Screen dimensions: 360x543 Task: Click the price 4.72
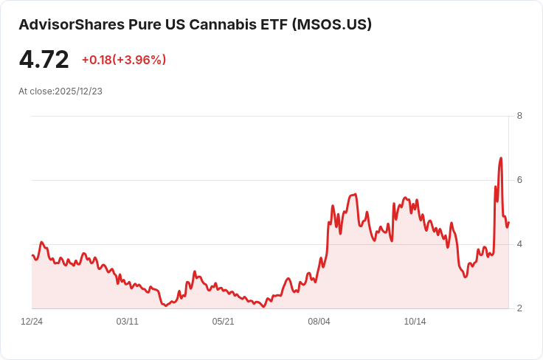[x=44, y=60]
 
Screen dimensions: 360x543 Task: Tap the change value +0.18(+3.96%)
[x=123, y=60]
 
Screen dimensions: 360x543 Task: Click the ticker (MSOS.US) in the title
[x=332, y=24]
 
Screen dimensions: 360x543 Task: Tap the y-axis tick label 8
[x=519, y=116]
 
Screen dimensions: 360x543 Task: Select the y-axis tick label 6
[x=519, y=180]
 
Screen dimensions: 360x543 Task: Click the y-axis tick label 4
[x=519, y=244]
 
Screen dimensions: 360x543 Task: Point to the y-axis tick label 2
[x=519, y=308]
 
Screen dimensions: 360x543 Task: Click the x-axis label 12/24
[x=32, y=322]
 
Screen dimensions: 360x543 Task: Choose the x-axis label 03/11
[x=128, y=322]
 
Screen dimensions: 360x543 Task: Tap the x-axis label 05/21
[x=224, y=322]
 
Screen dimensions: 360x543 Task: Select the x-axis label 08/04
[x=319, y=322]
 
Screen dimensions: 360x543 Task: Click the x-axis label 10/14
[x=415, y=322]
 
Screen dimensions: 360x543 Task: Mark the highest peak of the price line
[x=501, y=158]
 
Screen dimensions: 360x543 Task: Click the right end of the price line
[x=508, y=222]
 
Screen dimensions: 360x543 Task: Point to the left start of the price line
[x=32, y=255]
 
